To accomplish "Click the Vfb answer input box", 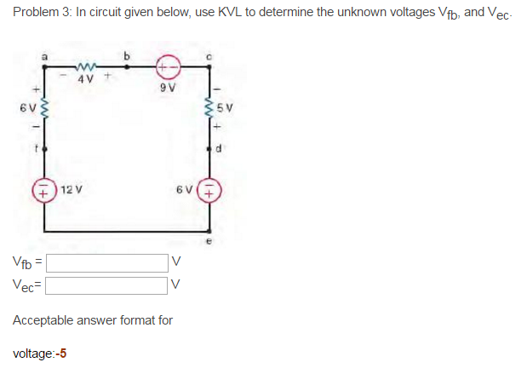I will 112,261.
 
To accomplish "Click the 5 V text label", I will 224,110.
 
